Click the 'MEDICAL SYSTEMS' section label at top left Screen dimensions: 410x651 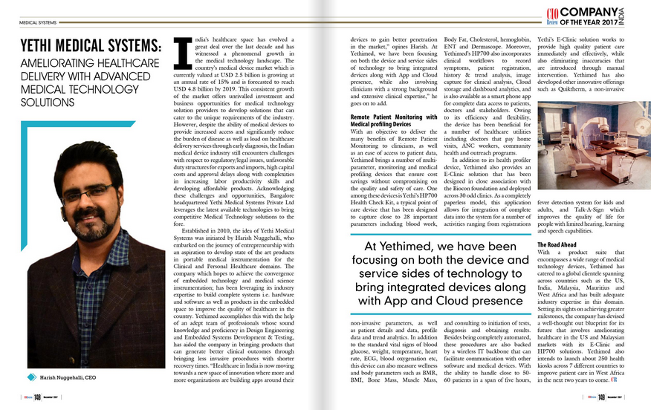pyautogui.click(x=37, y=23)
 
